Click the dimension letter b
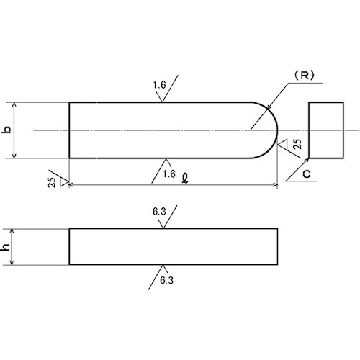(7, 129)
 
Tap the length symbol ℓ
(185, 179)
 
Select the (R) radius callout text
(304, 76)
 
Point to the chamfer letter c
(307, 174)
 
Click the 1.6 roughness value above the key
(160, 85)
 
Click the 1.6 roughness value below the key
(169, 174)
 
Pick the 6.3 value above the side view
(159, 212)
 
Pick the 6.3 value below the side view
(166, 280)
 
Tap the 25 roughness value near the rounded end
(297, 144)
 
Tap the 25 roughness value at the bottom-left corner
(52, 182)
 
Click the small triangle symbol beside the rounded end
(283, 143)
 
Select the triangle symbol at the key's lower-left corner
(64, 181)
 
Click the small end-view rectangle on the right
(326, 130)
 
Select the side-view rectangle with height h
(174, 247)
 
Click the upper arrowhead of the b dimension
(14, 105)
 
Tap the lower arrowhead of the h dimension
(12, 262)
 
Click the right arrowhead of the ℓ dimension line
(275, 185)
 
